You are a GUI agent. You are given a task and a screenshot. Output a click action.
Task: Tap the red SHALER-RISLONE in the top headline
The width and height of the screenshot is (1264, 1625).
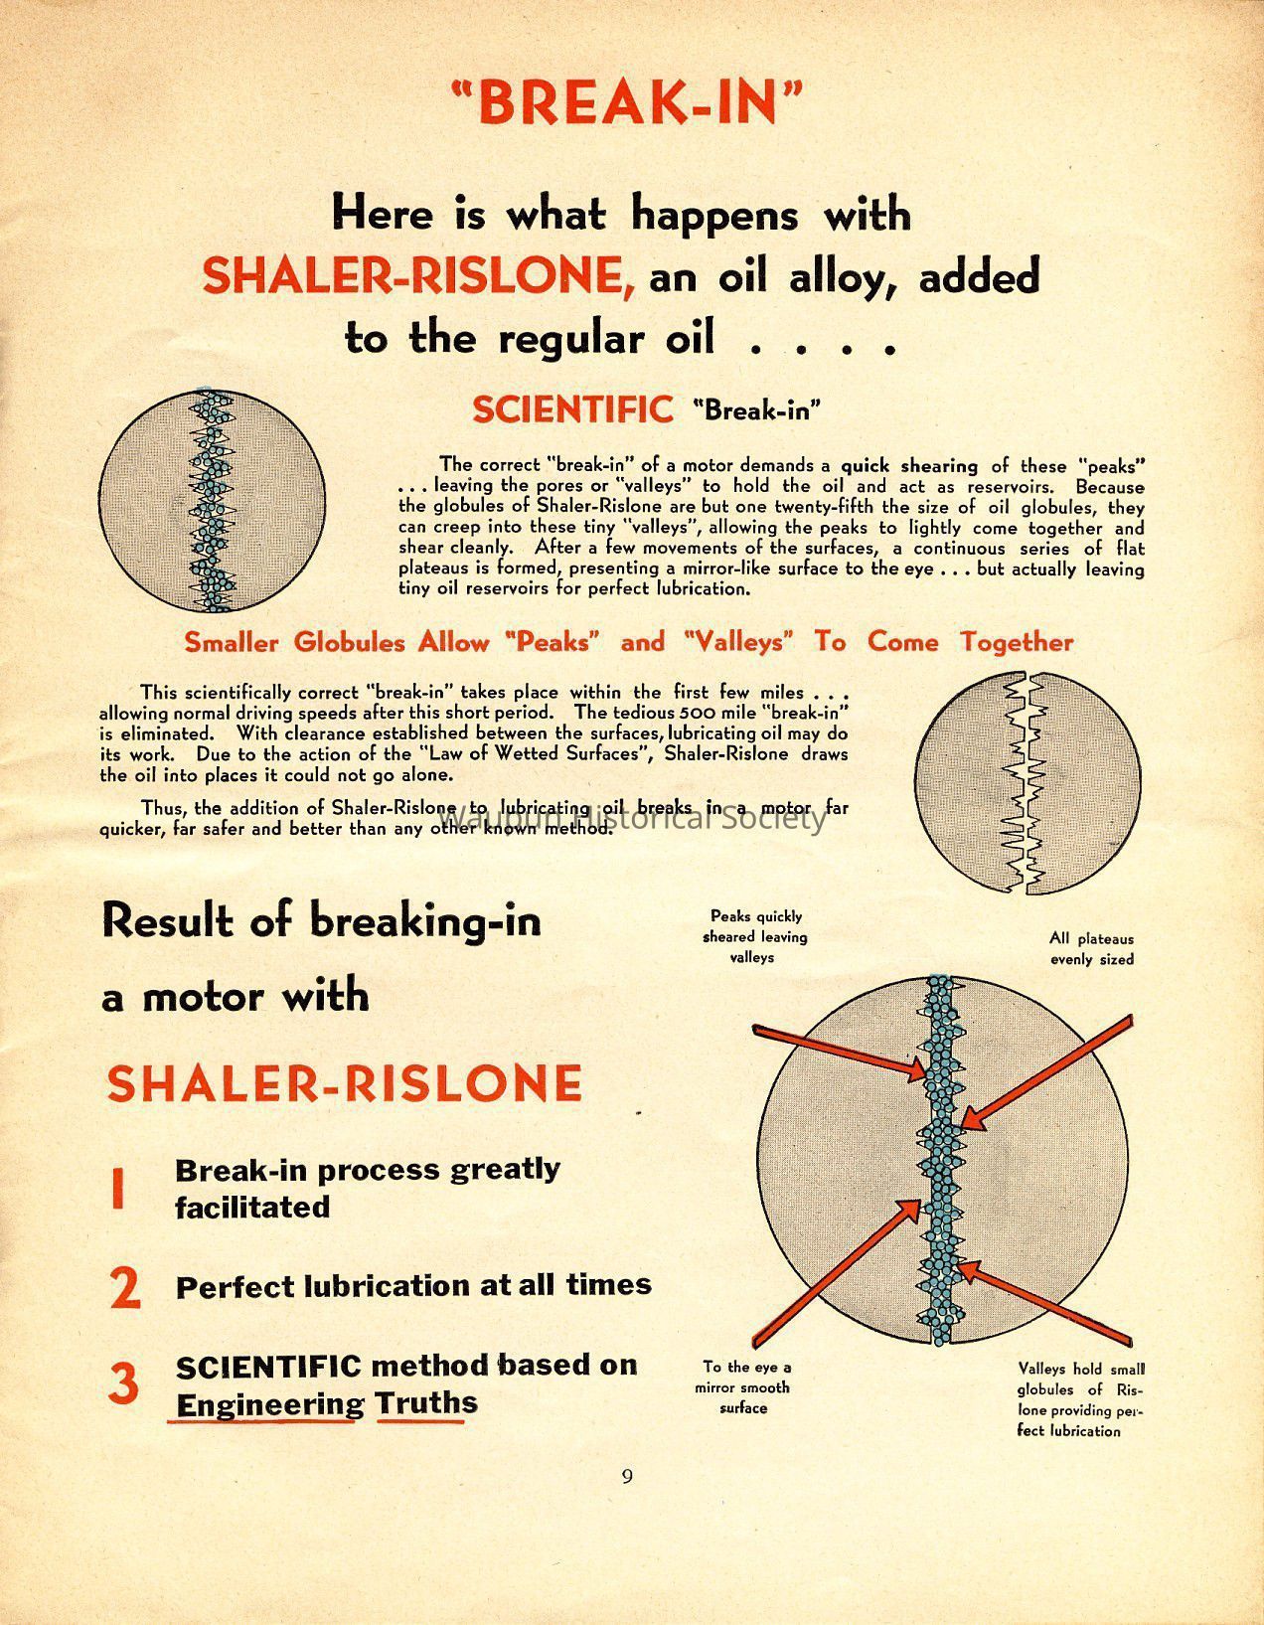pyautogui.click(x=418, y=275)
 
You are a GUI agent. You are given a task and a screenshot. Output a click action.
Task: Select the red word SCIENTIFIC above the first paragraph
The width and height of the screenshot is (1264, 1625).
pyautogui.click(x=572, y=409)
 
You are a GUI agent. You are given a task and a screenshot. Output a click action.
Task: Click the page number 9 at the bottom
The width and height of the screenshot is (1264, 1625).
pyautogui.click(x=627, y=1476)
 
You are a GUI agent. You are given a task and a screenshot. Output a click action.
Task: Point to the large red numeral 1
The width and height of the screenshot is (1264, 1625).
pyautogui.click(x=118, y=1189)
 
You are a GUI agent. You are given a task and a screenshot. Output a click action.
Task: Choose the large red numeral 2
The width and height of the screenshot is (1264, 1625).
pyautogui.click(x=125, y=1288)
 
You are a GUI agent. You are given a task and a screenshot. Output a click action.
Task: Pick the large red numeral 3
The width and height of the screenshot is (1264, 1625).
pyautogui.click(x=123, y=1383)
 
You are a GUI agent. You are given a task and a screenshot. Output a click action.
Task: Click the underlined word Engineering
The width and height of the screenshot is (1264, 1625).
pyautogui.click(x=269, y=1404)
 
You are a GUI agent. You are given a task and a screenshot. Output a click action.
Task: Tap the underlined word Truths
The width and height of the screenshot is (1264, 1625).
pyautogui.click(x=426, y=1403)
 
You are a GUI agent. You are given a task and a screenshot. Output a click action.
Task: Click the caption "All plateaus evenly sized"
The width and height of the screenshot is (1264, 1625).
pyautogui.click(x=1091, y=949)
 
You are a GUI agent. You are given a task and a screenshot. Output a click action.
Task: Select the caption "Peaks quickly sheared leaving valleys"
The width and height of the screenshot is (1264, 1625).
pyautogui.click(x=754, y=936)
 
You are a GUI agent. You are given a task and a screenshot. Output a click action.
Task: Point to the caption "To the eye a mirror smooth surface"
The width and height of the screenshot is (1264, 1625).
pyautogui.click(x=745, y=1387)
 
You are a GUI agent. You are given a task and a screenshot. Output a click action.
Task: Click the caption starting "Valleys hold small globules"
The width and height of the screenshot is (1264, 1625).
pyautogui.click(x=1081, y=1399)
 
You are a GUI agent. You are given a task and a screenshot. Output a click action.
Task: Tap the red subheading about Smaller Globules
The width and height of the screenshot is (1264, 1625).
pyautogui.click(x=629, y=642)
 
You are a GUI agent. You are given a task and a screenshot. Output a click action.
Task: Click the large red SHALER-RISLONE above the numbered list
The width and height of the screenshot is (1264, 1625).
pyautogui.click(x=344, y=1083)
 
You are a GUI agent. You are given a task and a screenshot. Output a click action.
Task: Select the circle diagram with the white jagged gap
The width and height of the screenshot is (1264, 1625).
pyautogui.click(x=1028, y=783)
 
